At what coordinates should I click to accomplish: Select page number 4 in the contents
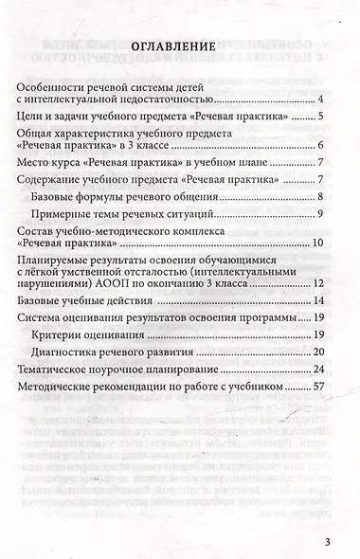click(322, 99)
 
